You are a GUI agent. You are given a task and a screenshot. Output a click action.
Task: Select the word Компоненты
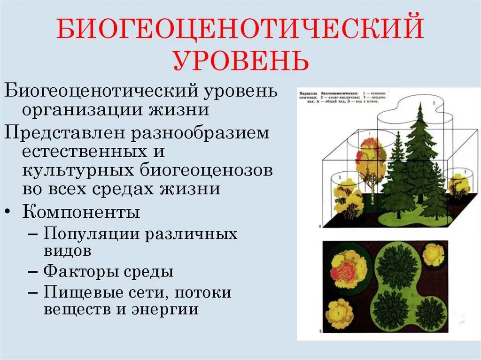tap(81, 212)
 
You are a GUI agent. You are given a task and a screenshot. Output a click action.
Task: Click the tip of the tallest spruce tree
tap(419, 104)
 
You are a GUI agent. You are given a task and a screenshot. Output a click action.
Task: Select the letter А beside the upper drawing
tap(319, 226)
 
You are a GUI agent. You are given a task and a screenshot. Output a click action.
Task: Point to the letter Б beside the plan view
tap(319, 331)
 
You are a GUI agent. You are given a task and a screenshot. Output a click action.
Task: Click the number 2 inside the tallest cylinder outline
tap(434, 102)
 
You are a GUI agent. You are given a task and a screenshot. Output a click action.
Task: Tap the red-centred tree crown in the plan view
tap(348, 270)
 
